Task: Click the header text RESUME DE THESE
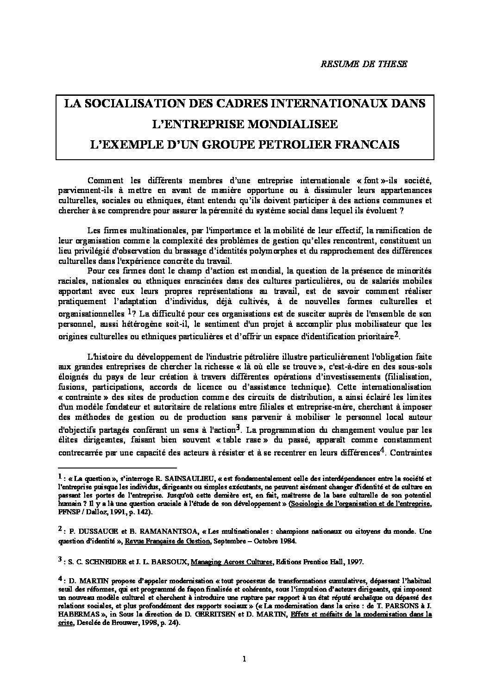364,64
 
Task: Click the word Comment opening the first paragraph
103,180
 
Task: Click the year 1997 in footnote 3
355,562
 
